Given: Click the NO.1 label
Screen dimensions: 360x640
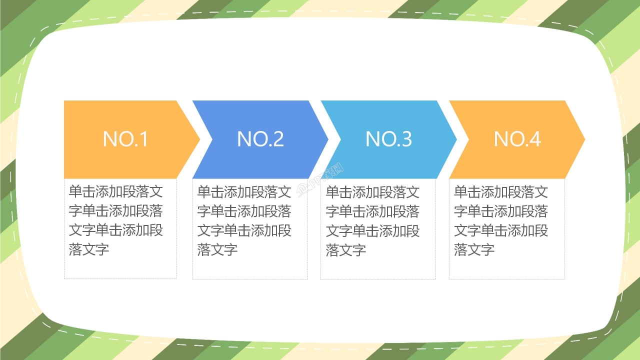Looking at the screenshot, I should point(125,139).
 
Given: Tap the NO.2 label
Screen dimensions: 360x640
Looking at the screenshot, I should point(260,139).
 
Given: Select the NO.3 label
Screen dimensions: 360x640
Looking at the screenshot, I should point(389,139).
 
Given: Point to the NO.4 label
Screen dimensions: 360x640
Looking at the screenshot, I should point(517,139).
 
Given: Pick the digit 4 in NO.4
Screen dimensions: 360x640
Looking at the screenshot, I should point(535,139).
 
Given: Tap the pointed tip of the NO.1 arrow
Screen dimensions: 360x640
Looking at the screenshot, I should point(198,139).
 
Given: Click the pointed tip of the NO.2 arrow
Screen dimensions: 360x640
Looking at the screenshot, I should point(327,139).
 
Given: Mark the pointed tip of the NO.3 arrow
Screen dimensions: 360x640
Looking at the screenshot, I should point(455,139).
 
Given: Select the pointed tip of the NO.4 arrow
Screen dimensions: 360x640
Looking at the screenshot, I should point(583,139).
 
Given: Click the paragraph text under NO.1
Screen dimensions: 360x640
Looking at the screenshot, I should point(116,220).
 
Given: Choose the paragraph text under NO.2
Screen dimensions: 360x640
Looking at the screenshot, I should point(244,220).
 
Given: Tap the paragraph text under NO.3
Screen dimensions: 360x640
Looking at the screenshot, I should point(373,220).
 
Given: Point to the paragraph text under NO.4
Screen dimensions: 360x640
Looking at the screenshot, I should point(501,220).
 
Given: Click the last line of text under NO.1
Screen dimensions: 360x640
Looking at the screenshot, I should point(89,249).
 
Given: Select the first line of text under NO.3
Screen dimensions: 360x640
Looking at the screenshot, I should point(373,192).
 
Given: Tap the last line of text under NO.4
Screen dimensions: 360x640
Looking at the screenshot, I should point(474,249).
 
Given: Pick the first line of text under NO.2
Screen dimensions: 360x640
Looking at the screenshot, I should point(244,192).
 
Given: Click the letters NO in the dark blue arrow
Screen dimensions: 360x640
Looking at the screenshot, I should point(248,139).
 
